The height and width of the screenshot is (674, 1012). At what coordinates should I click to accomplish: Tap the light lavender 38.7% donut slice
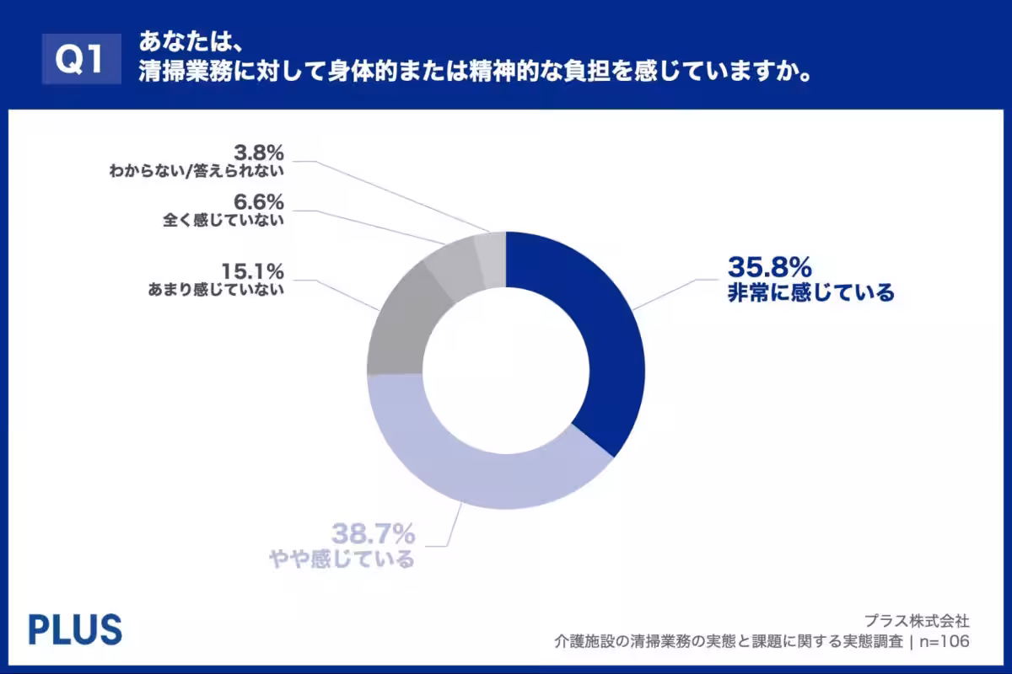(472, 472)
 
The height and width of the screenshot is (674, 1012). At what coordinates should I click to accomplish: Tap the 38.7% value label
(372, 533)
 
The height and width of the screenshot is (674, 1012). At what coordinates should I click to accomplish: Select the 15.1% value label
(252, 272)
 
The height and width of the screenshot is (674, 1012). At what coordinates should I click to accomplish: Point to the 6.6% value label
(259, 203)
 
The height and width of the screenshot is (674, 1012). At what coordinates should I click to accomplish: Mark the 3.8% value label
(259, 152)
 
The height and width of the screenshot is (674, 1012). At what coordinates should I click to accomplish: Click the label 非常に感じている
(810, 293)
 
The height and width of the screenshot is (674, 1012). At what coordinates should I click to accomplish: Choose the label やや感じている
(342, 559)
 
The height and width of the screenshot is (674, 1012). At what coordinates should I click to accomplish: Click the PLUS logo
(75, 629)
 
